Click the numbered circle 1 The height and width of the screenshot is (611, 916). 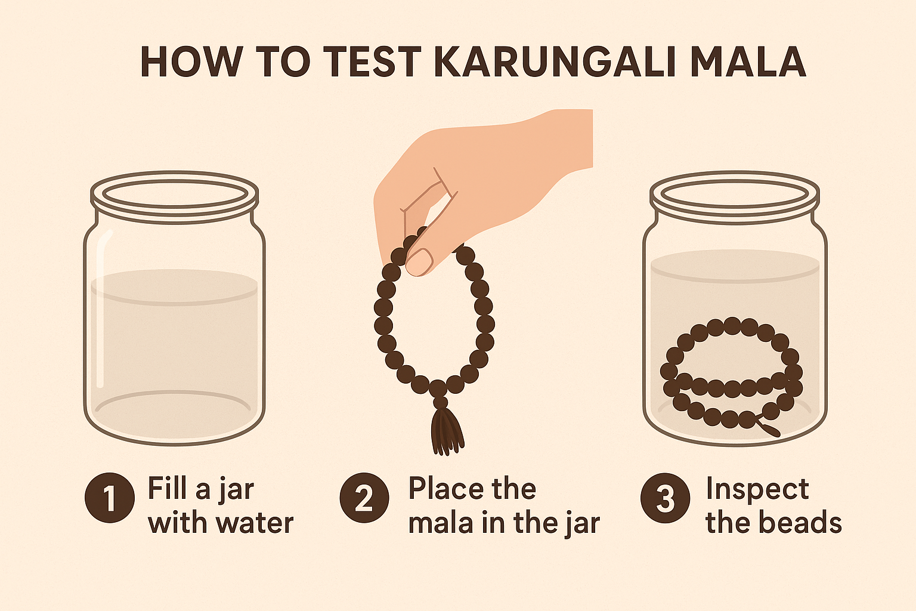(110, 498)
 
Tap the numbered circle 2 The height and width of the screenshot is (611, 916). (364, 498)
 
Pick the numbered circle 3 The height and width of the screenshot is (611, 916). (665, 498)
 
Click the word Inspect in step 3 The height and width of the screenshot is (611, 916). (757, 489)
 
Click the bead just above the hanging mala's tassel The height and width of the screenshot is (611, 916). (440, 402)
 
